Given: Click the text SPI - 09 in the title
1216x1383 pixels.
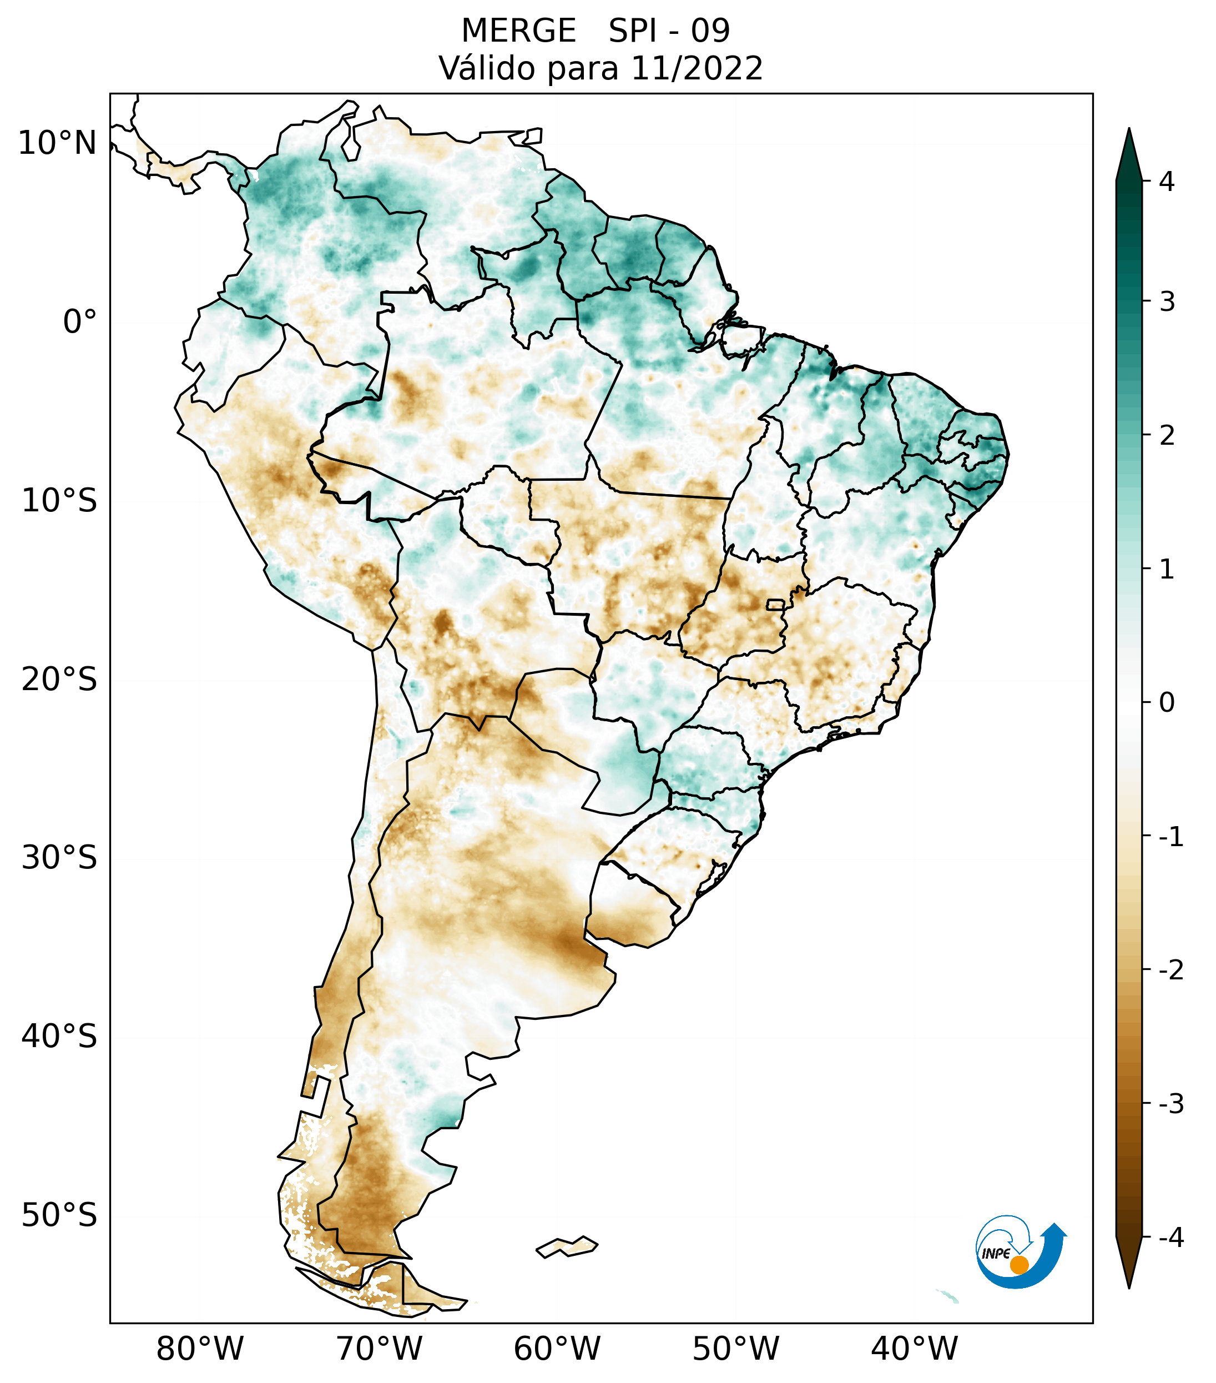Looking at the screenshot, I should (x=669, y=31).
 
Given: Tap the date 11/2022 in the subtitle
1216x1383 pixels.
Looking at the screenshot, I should (x=697, y=69).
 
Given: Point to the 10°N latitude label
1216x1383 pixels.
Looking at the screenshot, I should (x=58, y=143).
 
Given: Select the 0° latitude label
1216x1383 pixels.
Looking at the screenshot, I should (x=80, y=322).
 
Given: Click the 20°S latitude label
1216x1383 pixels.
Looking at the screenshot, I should (x=59, y=680).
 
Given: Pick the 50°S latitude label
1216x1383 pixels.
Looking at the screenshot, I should (x=59, y=1215).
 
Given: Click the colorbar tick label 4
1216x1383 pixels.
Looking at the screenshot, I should (x=1167, y=182).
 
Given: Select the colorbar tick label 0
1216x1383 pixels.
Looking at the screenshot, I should (x=1167, y=703).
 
